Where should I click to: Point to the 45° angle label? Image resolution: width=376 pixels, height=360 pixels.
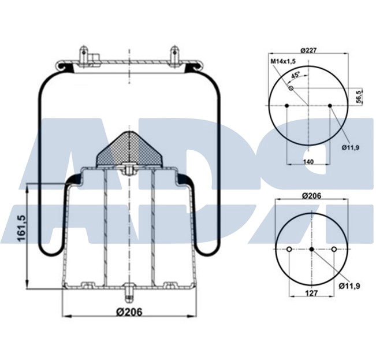tap(296, 75)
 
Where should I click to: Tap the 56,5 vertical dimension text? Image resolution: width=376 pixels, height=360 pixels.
tap(359, 97)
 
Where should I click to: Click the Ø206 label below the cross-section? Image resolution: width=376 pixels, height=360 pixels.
tap(129, 312)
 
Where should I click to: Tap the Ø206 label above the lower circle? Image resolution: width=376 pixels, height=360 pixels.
tap(312, 196)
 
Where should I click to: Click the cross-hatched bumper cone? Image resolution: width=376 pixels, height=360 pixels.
tap(128, 149)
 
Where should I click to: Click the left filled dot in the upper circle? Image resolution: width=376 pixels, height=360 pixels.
tap(287, 105)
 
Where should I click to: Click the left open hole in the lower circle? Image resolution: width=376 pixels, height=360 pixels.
tap(289, 250)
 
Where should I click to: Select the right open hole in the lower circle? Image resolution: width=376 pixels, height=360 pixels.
tap(334, 250)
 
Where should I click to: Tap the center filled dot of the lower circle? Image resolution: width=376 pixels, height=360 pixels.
tap(311, 250)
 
